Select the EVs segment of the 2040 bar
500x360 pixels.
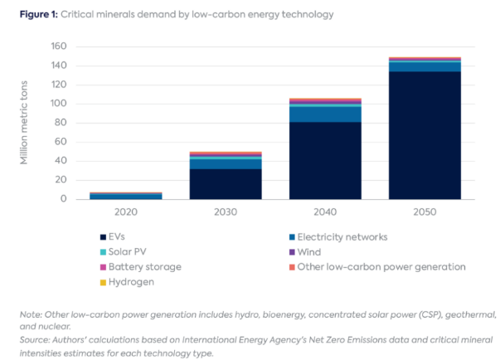[324, 160]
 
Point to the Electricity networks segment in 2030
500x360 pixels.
[226, 163]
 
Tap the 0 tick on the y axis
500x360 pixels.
[62, 199]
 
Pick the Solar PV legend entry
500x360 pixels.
[124, 252]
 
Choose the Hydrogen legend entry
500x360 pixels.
[125, 282]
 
